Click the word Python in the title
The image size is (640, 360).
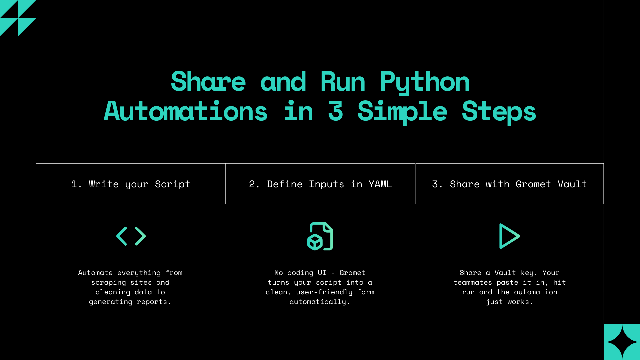point(425,82)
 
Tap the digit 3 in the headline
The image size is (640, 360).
point(335,111)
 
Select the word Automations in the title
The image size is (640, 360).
point(186,111)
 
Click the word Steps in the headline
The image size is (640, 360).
point(499,111)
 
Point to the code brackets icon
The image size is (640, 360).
point(131,236)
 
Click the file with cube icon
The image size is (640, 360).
point(320,236)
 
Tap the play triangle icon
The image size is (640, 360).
point(509,236)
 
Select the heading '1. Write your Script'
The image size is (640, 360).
point(131,184)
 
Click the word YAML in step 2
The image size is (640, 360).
point(380,184)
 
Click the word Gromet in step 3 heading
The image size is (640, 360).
point(533,184)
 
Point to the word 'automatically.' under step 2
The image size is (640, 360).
point(320,302)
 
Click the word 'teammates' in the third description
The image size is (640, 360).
point(472,282)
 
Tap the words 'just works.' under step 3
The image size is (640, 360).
point(509,302)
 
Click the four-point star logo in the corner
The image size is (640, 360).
point(622,342)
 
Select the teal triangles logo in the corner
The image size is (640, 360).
point(18,18)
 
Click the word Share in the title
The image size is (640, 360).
point(208,82)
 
